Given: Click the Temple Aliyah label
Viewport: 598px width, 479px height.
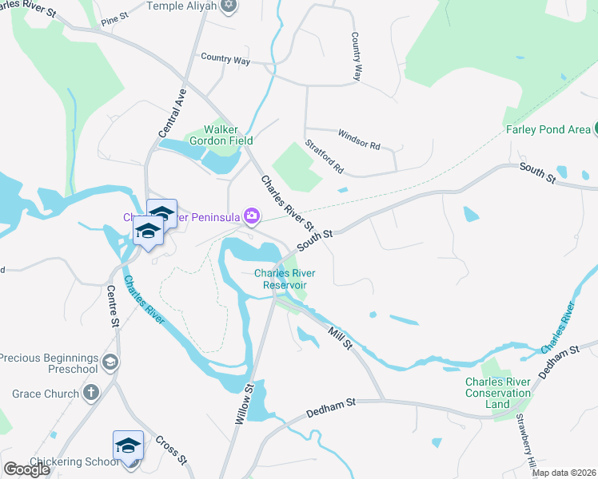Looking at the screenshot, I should coord(181,6).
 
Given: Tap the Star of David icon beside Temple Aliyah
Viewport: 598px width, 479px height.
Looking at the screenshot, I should coord(229,6).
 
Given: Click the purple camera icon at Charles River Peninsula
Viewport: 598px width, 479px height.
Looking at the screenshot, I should coord(252,216).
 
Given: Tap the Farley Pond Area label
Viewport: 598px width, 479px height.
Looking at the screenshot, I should coord(547,129).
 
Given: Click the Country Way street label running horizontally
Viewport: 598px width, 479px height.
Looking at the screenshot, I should coord(225,59).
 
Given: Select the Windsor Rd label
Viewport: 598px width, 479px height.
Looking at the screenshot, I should coord(359,139).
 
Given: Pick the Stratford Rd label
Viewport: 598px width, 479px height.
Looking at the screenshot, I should coord(324,157).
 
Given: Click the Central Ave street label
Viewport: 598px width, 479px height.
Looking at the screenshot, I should coord(172,113).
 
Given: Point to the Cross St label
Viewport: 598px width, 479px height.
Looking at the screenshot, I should coord(170,450).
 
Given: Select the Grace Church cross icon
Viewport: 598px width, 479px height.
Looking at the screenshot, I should coord(91,393).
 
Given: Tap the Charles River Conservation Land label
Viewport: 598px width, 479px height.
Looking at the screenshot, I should coord(498,393).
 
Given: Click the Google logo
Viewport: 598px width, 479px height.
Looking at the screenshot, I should coord(27,469).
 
